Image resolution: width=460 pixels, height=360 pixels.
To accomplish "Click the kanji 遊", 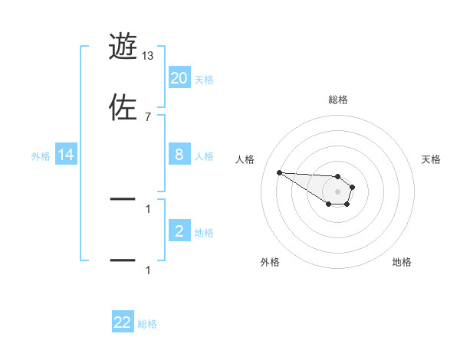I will [123, 47].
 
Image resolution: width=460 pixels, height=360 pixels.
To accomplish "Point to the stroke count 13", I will [148, 56].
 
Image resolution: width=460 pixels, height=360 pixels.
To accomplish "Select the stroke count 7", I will [148, 116].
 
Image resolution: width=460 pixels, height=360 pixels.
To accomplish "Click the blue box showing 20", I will [179, 77].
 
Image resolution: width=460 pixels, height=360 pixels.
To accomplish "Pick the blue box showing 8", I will [179, 155].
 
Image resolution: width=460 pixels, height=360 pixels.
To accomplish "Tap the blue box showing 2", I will [179, 231].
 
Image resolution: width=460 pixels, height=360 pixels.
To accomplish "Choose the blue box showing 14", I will [66, 155].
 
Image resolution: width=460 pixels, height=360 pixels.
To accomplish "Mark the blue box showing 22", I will [123, 322].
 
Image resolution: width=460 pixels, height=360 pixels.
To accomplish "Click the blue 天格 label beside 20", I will [204, 79].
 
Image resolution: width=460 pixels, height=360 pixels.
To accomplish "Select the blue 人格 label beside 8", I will [204, 155].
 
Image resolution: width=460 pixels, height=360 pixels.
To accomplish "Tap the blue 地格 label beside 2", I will [204, 232].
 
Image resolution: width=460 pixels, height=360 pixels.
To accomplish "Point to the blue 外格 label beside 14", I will [41, 155].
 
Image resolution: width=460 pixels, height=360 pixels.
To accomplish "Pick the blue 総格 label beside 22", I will [147, 324].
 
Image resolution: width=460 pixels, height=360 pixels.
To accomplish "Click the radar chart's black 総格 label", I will [338, 100].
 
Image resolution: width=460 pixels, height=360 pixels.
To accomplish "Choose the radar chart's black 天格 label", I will [432, 159].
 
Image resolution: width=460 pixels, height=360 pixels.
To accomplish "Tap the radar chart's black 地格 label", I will [402, 262].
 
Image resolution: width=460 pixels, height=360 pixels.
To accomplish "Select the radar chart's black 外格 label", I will [270, 262].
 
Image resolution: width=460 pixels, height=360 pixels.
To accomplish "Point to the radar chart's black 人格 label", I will [245, 159].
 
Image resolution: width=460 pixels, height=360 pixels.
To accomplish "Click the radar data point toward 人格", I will [279, 172].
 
